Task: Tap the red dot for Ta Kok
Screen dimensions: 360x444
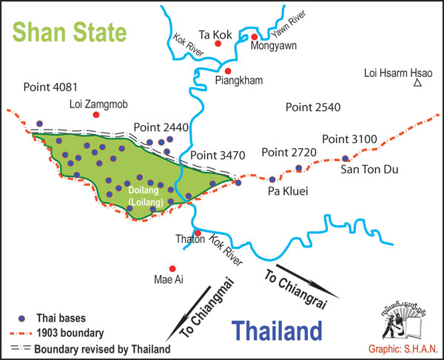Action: tap(218, 44)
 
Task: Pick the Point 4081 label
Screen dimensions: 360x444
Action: tap(50, 86)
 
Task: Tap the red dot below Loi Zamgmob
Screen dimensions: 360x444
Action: tap(95, 115)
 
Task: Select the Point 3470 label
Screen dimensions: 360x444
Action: tap(217, 156)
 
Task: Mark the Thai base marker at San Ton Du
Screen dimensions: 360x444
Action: tap(346, 159)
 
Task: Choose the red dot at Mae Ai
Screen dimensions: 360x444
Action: tap(172, 269)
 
